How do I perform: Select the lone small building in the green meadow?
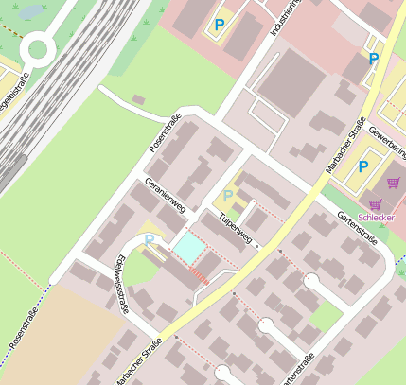click(139, 99)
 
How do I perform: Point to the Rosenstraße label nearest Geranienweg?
click(165, 133)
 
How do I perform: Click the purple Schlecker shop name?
click(377, 217)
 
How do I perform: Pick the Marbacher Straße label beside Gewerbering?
click(345, 145)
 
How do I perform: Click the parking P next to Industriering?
click(220, 25)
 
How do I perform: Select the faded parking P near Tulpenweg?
click(227, 196)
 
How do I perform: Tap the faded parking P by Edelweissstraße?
click(149, 239)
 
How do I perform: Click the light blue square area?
click(187, 249)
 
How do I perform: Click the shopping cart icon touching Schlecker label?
click(377, 203)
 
